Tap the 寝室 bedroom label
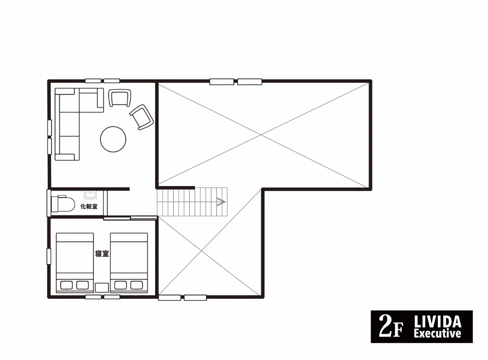click(102, 254)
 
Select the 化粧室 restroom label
click(89, 206)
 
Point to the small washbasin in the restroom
click(90, 195)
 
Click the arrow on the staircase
click(221, 202)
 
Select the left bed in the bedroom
click(75, 263)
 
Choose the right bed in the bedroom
click(129, 263)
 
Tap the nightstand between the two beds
click(102, 288)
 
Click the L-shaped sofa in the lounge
click(68, 124)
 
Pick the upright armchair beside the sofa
click(120, 98)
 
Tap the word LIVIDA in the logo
click(437, 321)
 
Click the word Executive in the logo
click(437, 334)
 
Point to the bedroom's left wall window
click(49, 256)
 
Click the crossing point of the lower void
click(202, 251)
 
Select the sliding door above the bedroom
click(130, 218)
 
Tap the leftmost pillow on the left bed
click(66, 285)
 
